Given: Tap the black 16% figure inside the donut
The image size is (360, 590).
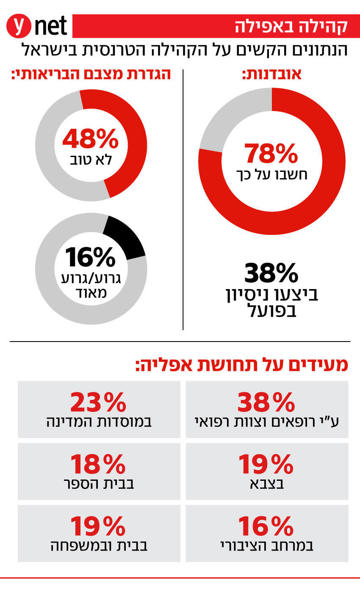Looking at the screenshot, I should tap(91, 257).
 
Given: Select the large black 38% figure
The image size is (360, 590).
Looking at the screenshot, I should tap(271, 273).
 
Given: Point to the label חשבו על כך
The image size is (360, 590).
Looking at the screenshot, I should tap(271, 174).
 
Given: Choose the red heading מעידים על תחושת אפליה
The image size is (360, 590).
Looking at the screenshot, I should tap(241, 364).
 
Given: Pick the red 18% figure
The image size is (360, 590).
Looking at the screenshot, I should tap(98, 464).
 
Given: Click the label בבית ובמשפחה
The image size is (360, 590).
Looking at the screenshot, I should tap(99, 546).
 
